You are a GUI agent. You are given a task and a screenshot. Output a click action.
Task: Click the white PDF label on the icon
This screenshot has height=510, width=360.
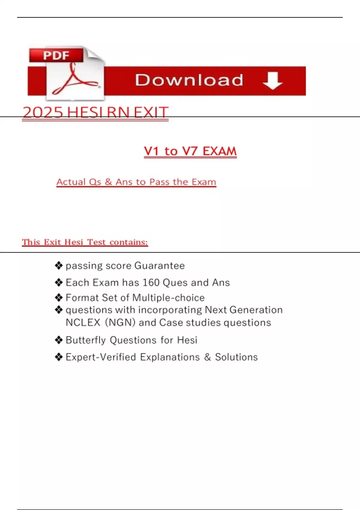[56, 55]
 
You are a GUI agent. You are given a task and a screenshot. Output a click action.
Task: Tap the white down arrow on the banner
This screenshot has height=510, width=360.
[272, 80]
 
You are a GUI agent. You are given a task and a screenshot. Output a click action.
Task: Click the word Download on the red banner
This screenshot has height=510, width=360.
[189, 80]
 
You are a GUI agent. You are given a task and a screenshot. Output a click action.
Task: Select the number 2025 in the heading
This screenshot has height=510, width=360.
[43, 112]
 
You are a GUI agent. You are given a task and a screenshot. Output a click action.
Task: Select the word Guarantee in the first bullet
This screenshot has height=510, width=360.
[159, 266]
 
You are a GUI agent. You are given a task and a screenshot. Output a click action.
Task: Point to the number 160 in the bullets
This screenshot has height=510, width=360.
[151, 283]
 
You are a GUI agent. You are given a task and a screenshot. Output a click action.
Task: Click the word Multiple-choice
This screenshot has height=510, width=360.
[168, 298]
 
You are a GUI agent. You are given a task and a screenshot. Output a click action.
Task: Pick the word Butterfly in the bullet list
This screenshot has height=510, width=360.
[85, 340]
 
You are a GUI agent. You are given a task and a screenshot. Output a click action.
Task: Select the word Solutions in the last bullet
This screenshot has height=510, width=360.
[236, 357]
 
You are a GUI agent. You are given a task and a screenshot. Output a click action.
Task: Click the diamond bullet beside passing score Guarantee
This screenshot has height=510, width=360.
[59, 265]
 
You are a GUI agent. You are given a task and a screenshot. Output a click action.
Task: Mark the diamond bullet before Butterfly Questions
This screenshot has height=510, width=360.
[59, 340]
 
